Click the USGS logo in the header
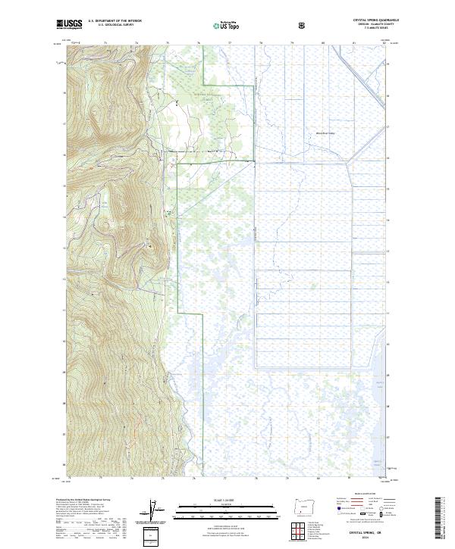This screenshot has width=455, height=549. click(x=70, y=24)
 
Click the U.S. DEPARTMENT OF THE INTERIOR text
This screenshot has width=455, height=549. click(x=115, y=21)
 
